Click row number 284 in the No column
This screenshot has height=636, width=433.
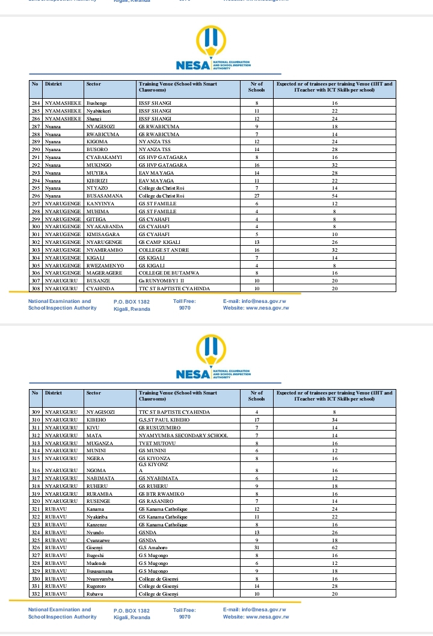pos(36,104)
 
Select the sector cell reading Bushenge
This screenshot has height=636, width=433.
pos(96,104)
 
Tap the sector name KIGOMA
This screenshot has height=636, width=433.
pos(97,141)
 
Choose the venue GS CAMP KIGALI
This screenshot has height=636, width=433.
pos(155,242)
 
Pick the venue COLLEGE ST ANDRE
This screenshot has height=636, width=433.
pos(164,250)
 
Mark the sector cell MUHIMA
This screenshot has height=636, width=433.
pos(98,211)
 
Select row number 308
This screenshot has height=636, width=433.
pos(36,288)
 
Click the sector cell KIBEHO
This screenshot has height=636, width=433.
pos(96,419)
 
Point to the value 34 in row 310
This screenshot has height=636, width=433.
pos(334,419)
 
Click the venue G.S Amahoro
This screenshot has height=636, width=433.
pos(153,547)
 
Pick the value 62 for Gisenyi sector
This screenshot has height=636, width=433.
pos(334,547)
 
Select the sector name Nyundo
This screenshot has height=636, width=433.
pos(95,532)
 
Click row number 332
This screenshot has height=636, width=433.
pos(36,594)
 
